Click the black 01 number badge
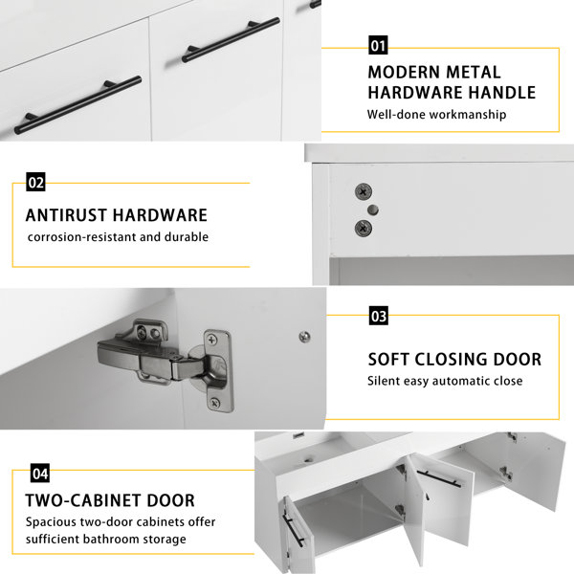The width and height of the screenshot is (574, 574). (x=378, y=45)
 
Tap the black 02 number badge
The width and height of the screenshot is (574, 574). (x=35, y=182)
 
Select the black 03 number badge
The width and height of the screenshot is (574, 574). (x=379, y=316)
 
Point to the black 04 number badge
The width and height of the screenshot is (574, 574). (x=40, y=474)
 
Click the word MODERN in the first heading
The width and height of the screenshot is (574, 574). (x=404, y=72)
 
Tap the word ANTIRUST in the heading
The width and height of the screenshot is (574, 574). (x=66, y=215)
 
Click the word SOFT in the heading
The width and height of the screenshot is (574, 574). (x=388, y=359)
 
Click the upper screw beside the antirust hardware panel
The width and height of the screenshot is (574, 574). (x=364, y=191)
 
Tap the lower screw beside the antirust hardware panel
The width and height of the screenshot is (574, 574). (x=364, y=229)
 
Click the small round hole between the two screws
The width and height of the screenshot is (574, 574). (x=373, y=210)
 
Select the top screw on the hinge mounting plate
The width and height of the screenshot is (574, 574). (x=212, y=340)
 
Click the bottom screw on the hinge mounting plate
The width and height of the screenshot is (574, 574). (x=214, y=403)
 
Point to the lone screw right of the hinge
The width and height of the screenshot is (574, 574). (x=304, y=337)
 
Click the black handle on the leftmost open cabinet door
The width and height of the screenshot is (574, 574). (x=294, y=530)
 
